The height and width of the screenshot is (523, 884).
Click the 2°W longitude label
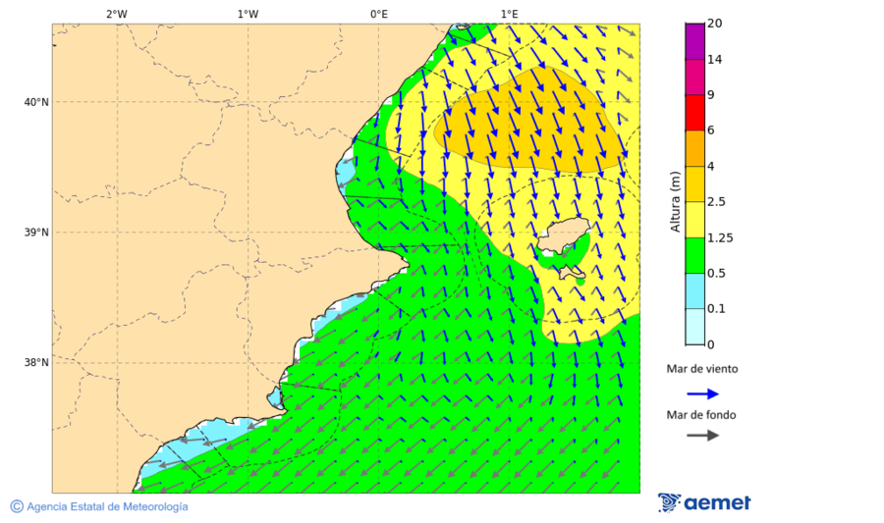pos(116,14)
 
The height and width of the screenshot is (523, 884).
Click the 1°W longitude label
pos(248,14)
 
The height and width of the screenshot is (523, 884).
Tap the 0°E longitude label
pos(378,14)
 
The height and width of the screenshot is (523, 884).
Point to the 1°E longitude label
pos(510,14)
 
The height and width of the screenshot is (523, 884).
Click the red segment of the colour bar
pos(694,113)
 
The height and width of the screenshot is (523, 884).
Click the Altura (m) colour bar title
pos(675,201)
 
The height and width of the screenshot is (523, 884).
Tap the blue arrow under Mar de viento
pos(702,393)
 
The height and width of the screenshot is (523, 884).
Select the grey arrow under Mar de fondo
pos(702,436)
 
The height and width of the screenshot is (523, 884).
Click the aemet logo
pos(704,502)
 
